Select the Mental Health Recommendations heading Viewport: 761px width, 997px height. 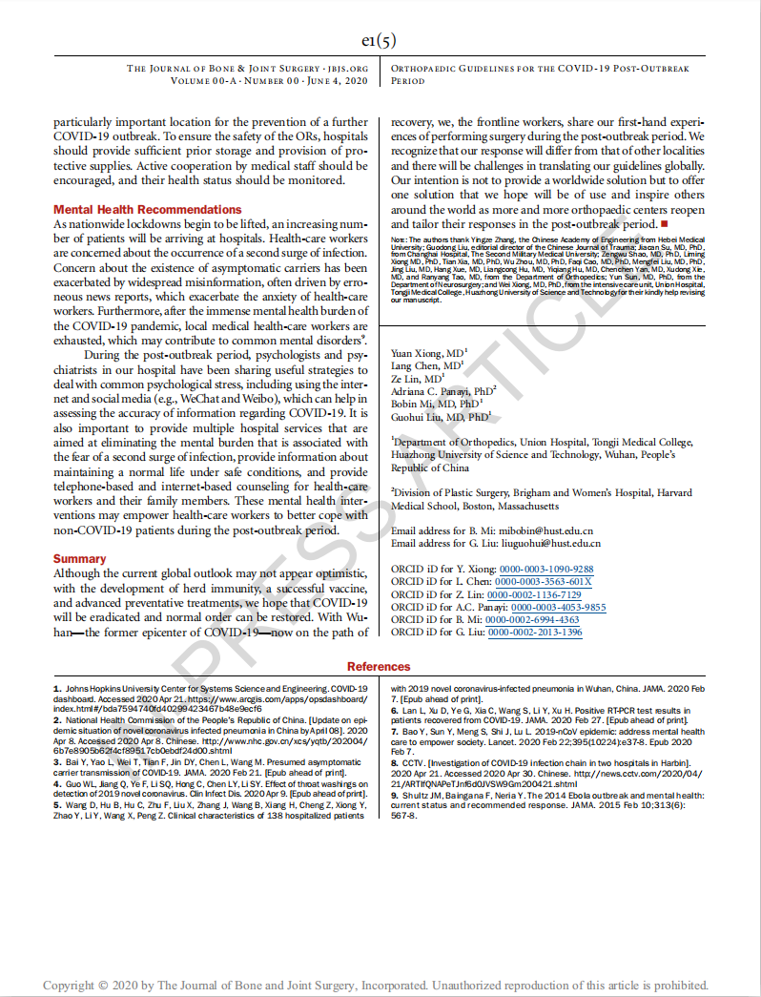[x=148, y=209]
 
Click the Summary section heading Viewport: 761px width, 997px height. [x=80, y=558]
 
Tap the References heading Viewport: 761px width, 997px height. [x=379, y=667]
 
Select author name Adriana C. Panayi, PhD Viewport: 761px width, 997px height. [x=442, y=391]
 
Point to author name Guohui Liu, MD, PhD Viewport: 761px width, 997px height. [x=440, y=417]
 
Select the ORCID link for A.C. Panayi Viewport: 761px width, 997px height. [x=558, y=607]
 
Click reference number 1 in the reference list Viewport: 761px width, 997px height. [x=56, y=688]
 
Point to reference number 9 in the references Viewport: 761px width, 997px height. [x=394, y=794]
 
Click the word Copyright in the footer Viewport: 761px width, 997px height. [x=69, y=985]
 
